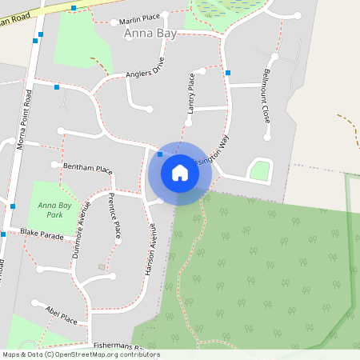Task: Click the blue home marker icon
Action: coord(180,172)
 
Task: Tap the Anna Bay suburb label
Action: coord(149,34)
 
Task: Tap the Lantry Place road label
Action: coord(190,92)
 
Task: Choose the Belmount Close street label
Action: coord(266,95)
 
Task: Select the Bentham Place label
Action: coord(88,170)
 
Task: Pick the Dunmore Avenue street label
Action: coord(83,221)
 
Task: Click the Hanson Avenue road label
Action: coord(150,249)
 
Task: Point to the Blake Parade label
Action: coord(42,234)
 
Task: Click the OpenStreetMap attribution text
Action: coord(80,354)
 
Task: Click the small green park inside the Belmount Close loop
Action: coord(259,170)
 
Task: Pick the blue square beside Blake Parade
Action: coord(3,234)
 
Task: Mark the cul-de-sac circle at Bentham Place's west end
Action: coord(54,165)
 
